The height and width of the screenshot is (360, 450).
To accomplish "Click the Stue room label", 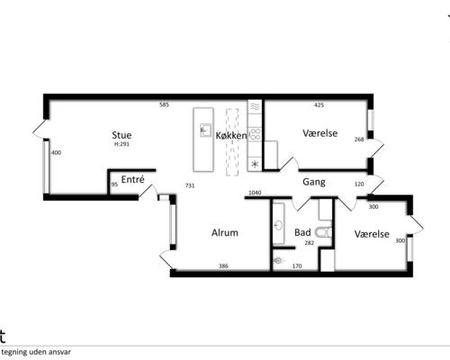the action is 121,135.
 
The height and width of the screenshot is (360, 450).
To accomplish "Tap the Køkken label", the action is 231,136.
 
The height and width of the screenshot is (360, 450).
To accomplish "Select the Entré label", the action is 132,179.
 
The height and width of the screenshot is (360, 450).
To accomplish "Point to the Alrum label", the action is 225,232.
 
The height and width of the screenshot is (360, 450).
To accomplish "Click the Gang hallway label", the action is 314,182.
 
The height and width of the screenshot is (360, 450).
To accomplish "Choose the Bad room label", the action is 302,232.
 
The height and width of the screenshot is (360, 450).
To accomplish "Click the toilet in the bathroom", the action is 323,232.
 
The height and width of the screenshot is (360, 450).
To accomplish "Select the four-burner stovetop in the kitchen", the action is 255,134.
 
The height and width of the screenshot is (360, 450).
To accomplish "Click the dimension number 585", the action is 164,104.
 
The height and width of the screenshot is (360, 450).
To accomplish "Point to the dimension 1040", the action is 255,193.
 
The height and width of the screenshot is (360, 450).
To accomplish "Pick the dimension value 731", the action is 190,185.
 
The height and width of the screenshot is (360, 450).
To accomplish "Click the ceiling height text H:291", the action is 121,144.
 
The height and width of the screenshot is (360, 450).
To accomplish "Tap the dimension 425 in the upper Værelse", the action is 319,104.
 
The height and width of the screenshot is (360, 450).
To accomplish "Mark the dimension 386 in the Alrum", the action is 223,265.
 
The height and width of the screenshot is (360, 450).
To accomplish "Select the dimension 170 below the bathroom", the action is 297,265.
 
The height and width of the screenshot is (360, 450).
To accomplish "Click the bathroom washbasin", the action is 278,225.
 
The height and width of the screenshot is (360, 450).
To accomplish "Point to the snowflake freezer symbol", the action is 255,164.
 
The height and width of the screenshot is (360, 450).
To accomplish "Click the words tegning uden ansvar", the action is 36,352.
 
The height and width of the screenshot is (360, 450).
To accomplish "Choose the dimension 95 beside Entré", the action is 114,184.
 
